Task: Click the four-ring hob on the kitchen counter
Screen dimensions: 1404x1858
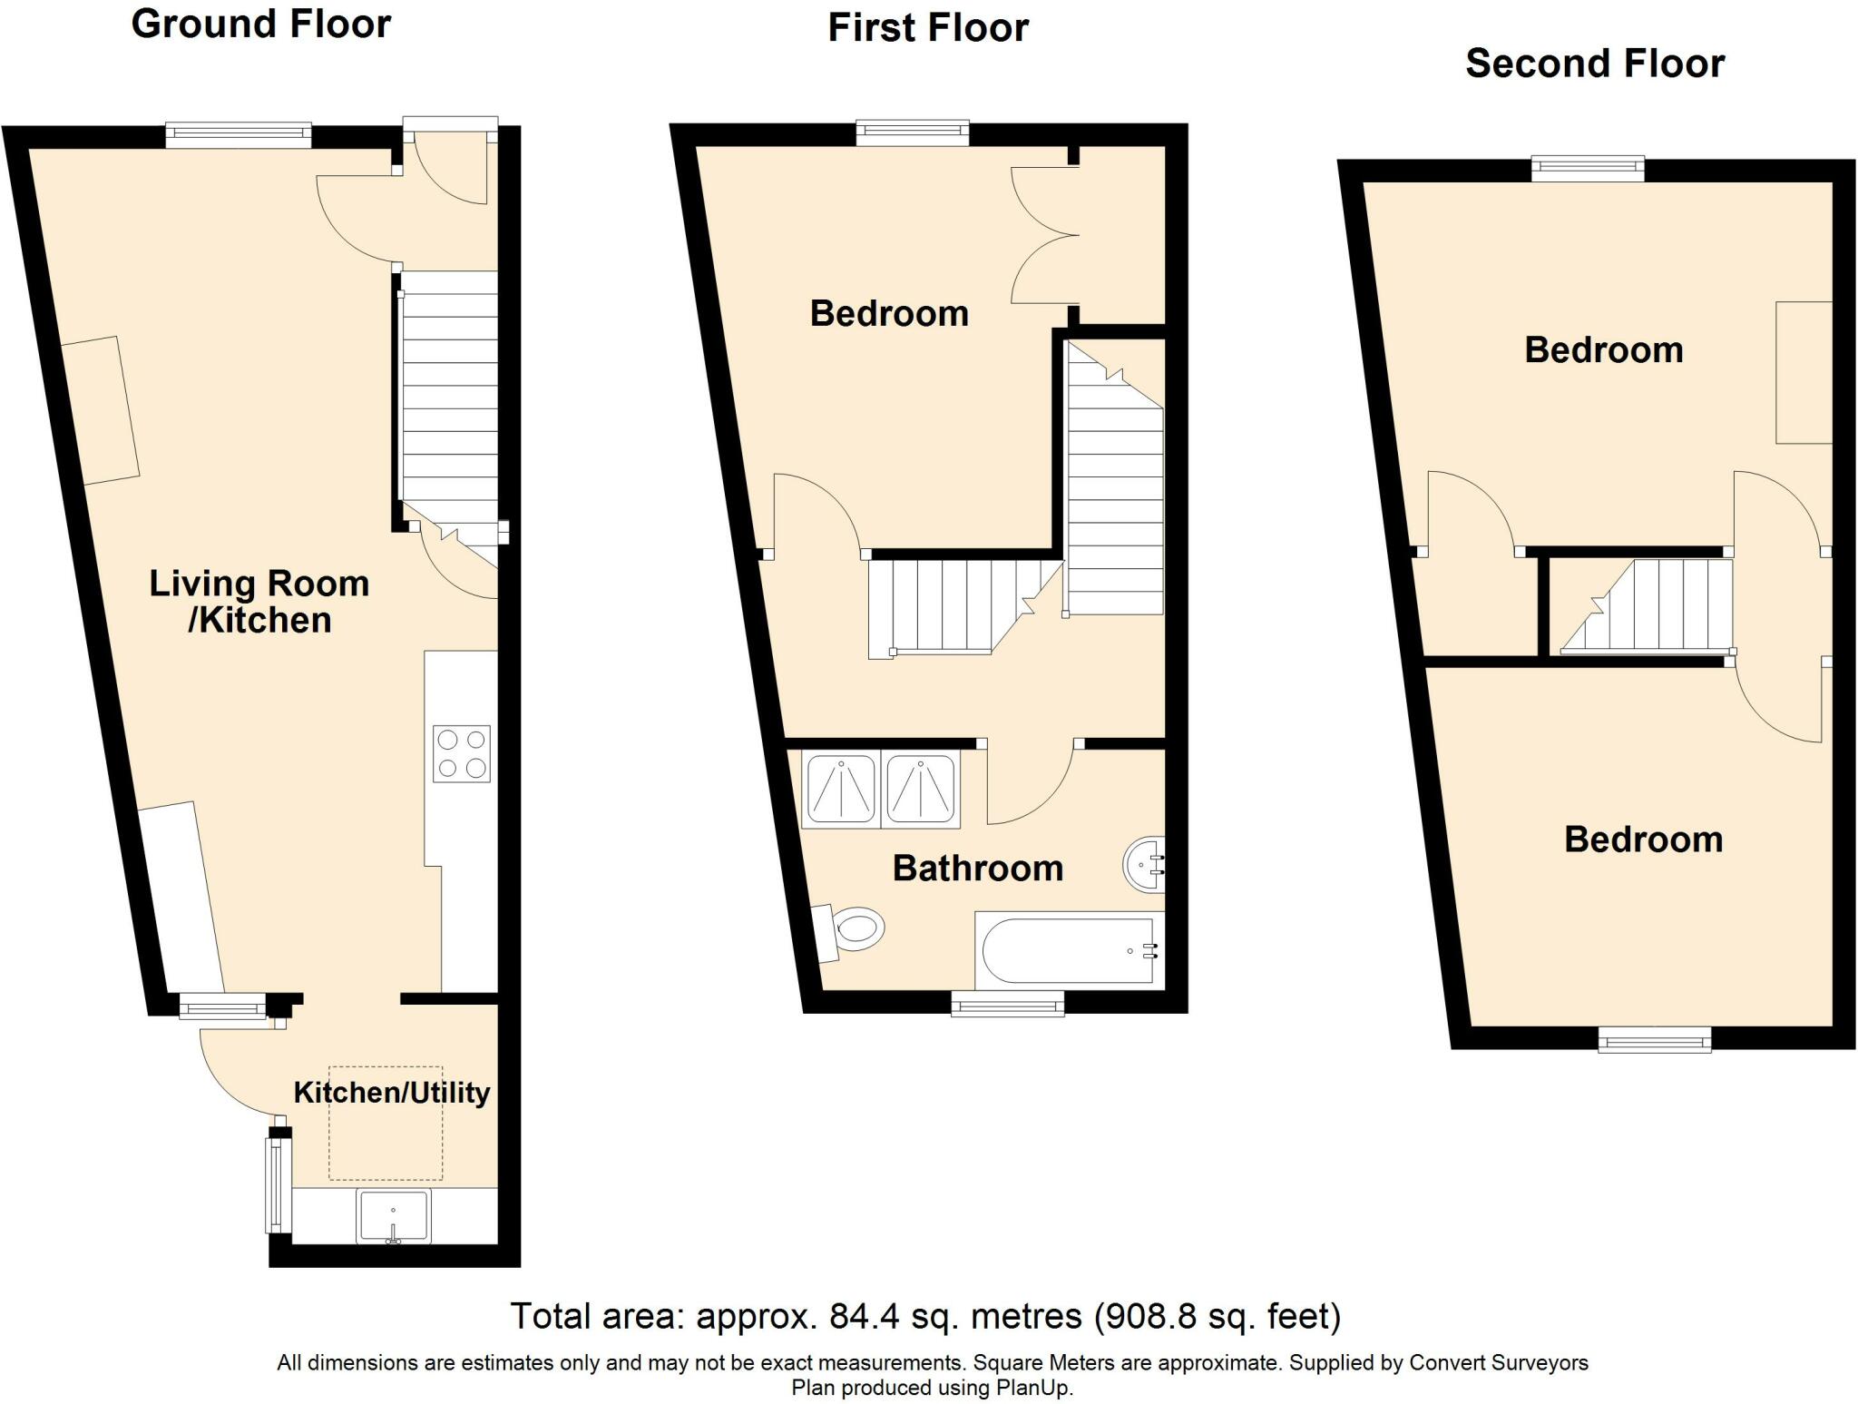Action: (462, 753)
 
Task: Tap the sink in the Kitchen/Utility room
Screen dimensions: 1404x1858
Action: (393, 1216)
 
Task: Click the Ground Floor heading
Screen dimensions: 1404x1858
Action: (261, 24)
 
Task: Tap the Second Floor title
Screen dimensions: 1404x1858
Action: (1594, 64)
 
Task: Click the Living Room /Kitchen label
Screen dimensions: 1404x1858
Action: (259, 601)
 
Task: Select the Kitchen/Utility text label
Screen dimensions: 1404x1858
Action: (391, 1092)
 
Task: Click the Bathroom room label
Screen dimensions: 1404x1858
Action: (978, 869)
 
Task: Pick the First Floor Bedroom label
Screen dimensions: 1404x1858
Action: (889, 314)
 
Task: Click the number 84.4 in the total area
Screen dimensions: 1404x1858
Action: (861, 1315)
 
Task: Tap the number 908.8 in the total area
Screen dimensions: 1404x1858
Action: (1142, 1315)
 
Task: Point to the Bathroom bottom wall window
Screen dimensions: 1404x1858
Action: (1007, 1003)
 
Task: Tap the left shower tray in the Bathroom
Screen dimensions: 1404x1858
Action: (840, 789)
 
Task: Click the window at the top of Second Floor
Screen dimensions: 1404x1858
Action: (1588, 168)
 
